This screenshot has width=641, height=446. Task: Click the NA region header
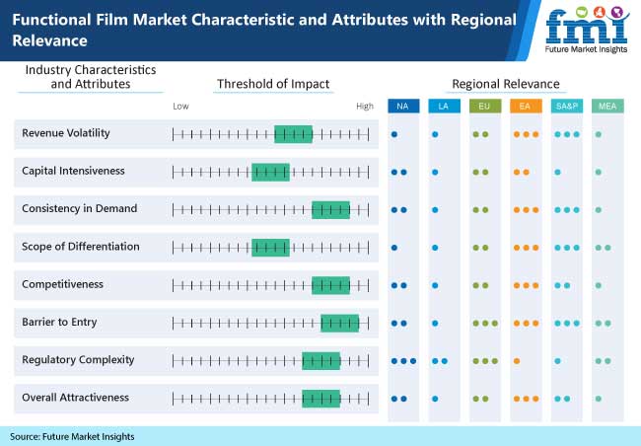[x=402, y=106]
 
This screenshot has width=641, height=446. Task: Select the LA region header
[x=441, y=106]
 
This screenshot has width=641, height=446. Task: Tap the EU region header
[x=483, y=106]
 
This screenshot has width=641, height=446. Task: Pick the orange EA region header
[x=525, y=106]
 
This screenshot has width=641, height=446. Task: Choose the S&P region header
[x=566, y=106]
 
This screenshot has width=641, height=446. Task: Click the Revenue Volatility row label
[x=66, y=133]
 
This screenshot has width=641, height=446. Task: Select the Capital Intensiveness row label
[x=73, y=171]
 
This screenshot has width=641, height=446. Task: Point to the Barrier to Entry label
[x=59, y=322]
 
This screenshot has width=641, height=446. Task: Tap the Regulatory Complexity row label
[x=78, y=360]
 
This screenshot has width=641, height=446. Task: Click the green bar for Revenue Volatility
[x=293, y=133]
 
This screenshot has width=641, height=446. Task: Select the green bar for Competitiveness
[x=330, y=285]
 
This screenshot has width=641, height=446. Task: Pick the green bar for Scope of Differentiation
[x=270, y=247]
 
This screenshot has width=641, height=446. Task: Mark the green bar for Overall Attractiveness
[x=320, y=399]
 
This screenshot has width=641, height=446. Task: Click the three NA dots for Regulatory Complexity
[x=403, y=360]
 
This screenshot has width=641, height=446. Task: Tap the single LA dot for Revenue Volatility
[x=435, y=133]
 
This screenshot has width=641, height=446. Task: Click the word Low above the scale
[x=180, y=106]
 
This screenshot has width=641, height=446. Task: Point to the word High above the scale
[x=365, y=106]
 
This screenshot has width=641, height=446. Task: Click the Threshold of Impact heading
[x=273, y=84]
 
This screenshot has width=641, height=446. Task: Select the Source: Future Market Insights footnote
[x=72, y=436]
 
